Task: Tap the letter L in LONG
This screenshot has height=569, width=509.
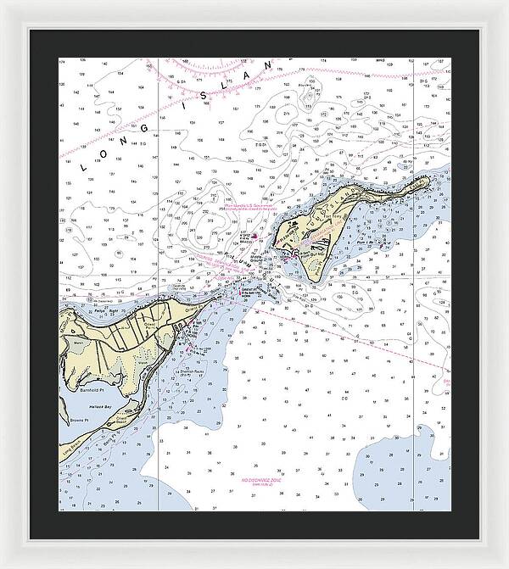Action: [84, 167]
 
